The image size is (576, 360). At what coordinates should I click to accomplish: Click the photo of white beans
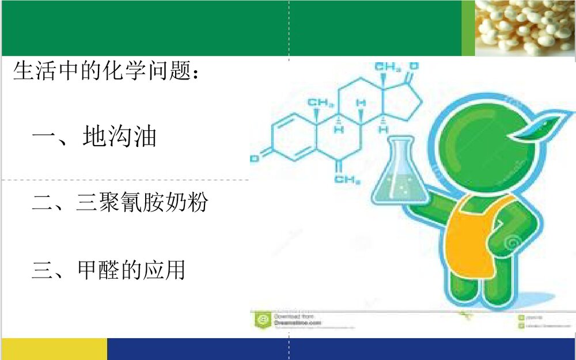pyautogui.click(x=525, y=28)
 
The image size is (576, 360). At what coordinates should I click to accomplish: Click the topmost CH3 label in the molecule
pyautogui.click(x=388, y=67)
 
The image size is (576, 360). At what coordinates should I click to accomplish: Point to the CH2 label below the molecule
pyautogui.click(x=347, y=180)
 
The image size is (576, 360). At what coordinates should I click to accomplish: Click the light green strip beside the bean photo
pyautogui.click(x=468, y=28)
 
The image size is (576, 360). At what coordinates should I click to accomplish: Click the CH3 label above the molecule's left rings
pyautogui.click(x=320, y=104)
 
